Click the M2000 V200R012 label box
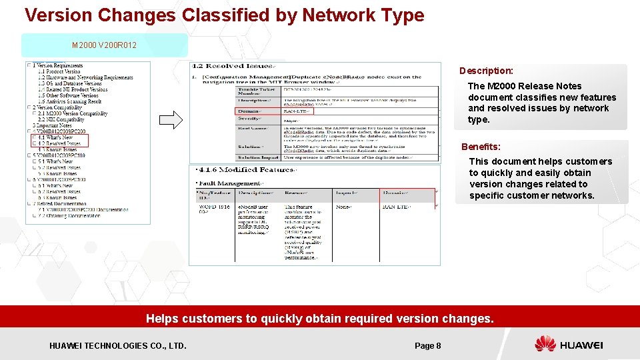[105, 45]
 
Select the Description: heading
[486, 71]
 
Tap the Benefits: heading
[481, 147]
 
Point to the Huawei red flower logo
[545, 345]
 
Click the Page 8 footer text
[427, 345]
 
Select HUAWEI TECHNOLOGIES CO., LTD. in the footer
[118, 345]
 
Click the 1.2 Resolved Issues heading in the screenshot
[232, 66]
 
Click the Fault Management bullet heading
[229, 183]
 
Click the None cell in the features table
[343, 207]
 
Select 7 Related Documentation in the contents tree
[61, 203]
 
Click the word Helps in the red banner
[162, 319]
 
